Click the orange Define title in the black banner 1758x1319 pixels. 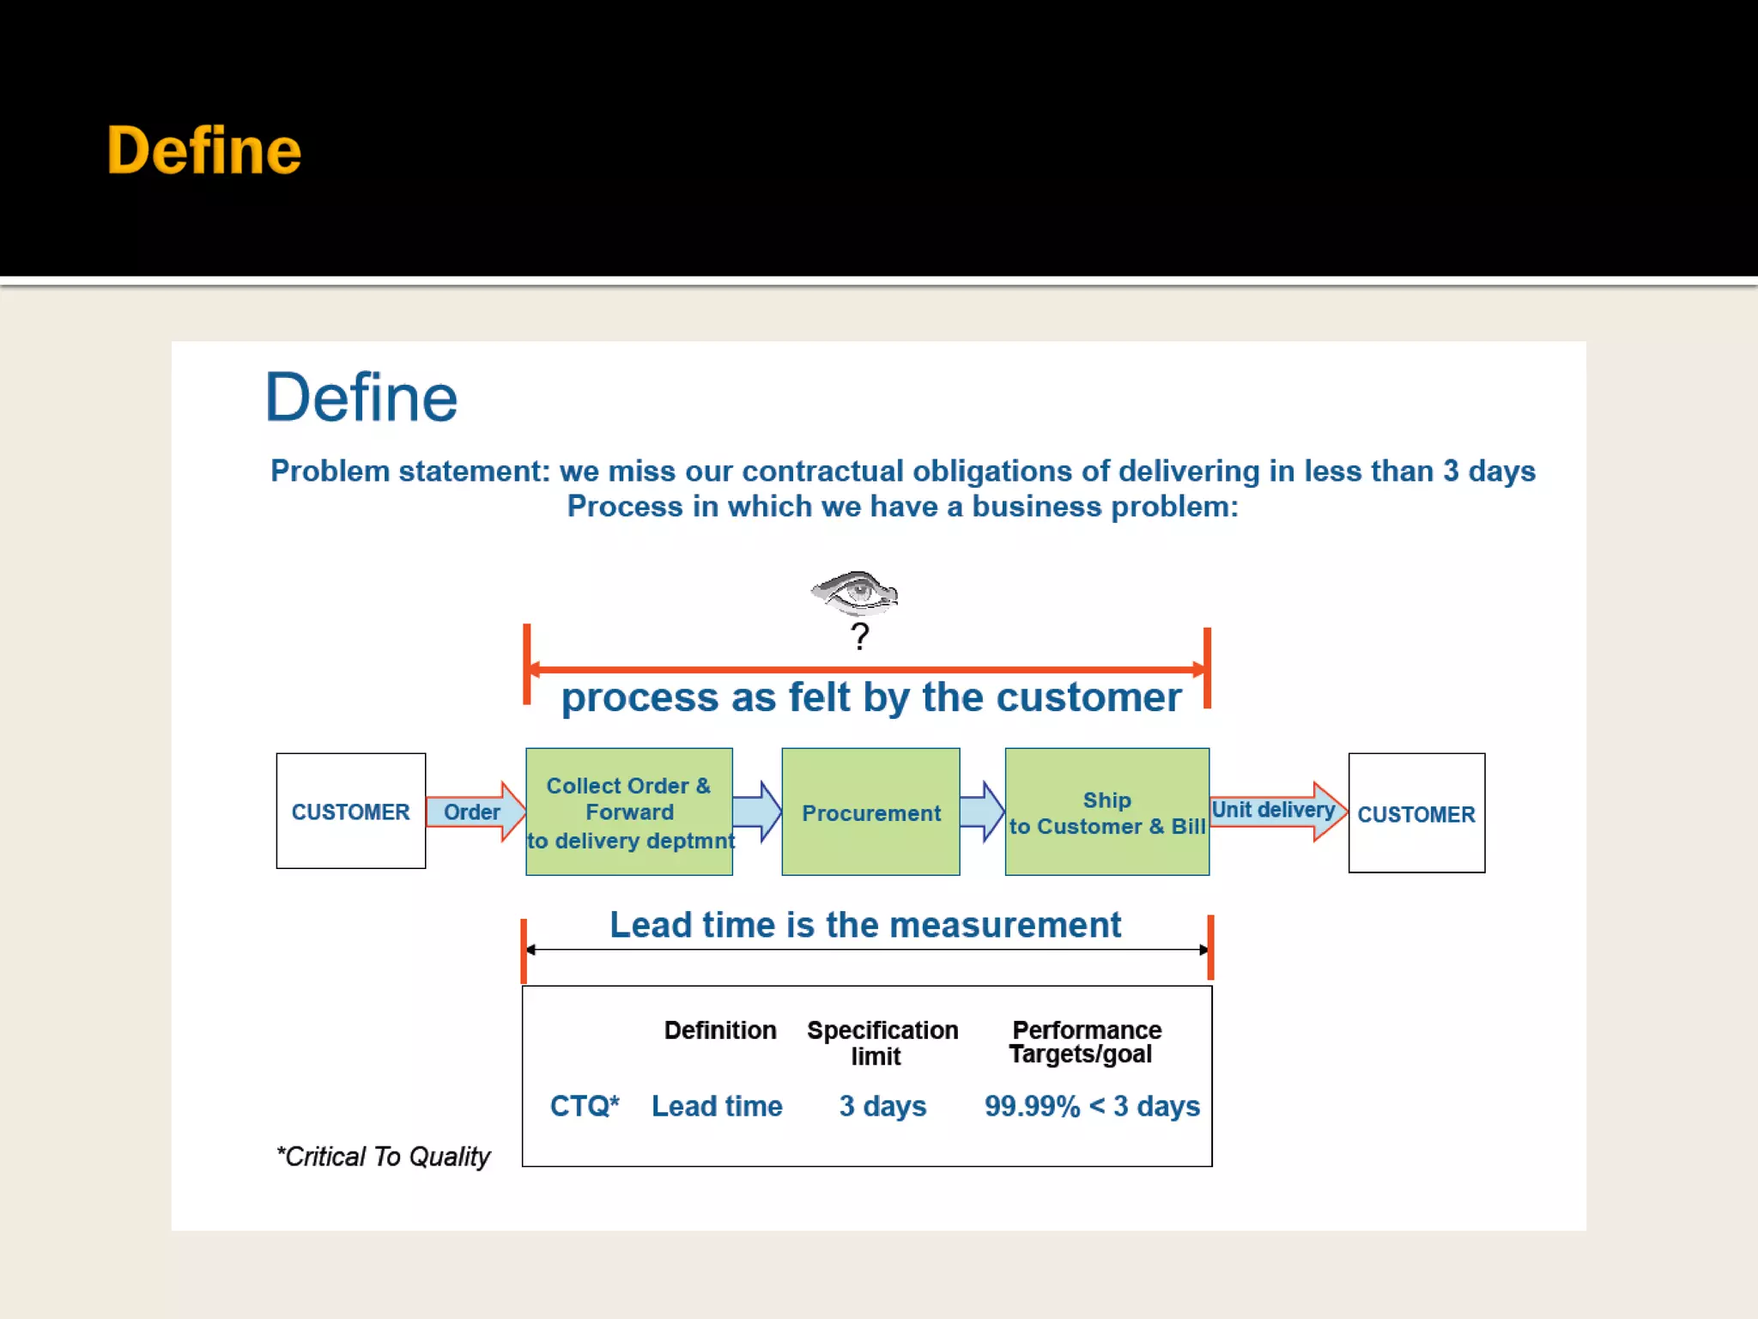click(204, 150)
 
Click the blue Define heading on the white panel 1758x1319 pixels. click(361, 398)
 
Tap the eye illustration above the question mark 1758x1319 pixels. click(855, 593)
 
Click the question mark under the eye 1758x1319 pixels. click(859, 636)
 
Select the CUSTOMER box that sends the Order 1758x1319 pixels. click(350, 811)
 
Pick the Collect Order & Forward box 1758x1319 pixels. click(629, 811)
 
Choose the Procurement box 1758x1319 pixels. click(870, 812)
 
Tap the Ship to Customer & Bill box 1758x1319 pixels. click(1106, 812)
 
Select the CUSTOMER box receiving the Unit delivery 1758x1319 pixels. click(1416, 813)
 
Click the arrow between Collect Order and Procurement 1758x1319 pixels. click(757, 811)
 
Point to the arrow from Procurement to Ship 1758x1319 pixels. click(982, 811)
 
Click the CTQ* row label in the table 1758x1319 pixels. click(585, 1106)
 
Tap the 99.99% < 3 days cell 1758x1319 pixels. click(1092, 1106)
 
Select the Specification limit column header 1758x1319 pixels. click(882, 1042)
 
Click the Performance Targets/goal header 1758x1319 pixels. click(1086, 1042)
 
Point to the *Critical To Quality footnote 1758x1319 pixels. click(384, 1157)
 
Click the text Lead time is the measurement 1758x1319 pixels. click(865, 925)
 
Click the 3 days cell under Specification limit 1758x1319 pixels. click(882, 1106)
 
